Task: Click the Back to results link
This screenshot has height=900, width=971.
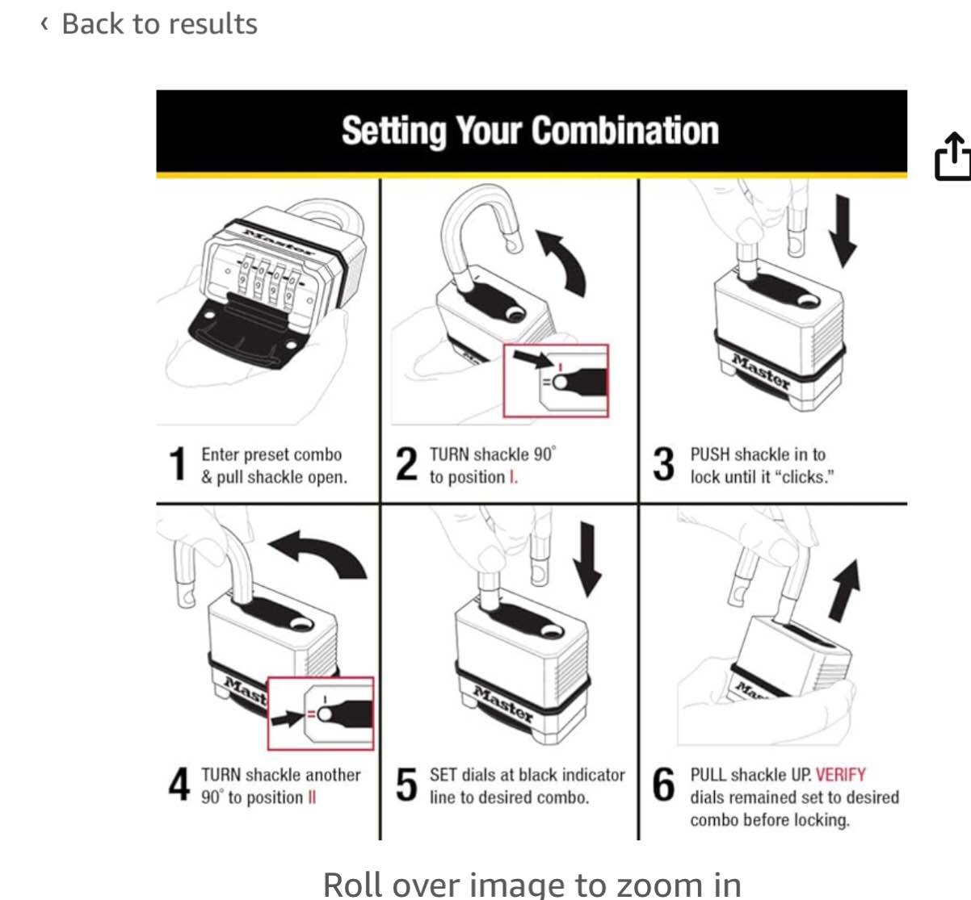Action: click(149, 24)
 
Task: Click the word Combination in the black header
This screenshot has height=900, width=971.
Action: click(624, 131)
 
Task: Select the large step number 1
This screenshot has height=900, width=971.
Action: click(178, 465)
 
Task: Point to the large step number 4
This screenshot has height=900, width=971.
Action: click(179, 785)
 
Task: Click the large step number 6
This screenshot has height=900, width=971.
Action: click(663, 785)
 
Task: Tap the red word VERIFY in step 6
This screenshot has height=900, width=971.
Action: click(840, 775)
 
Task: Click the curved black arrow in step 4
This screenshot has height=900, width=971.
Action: click(319, 553)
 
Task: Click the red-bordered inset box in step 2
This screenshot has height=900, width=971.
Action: click(556, 381)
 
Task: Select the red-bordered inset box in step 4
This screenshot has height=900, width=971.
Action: click(321, 714)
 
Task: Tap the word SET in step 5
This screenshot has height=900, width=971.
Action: click(443, 775)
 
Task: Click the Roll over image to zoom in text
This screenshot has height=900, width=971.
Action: click(532, 884)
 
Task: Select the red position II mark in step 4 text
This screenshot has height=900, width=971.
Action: click(312, 797)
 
